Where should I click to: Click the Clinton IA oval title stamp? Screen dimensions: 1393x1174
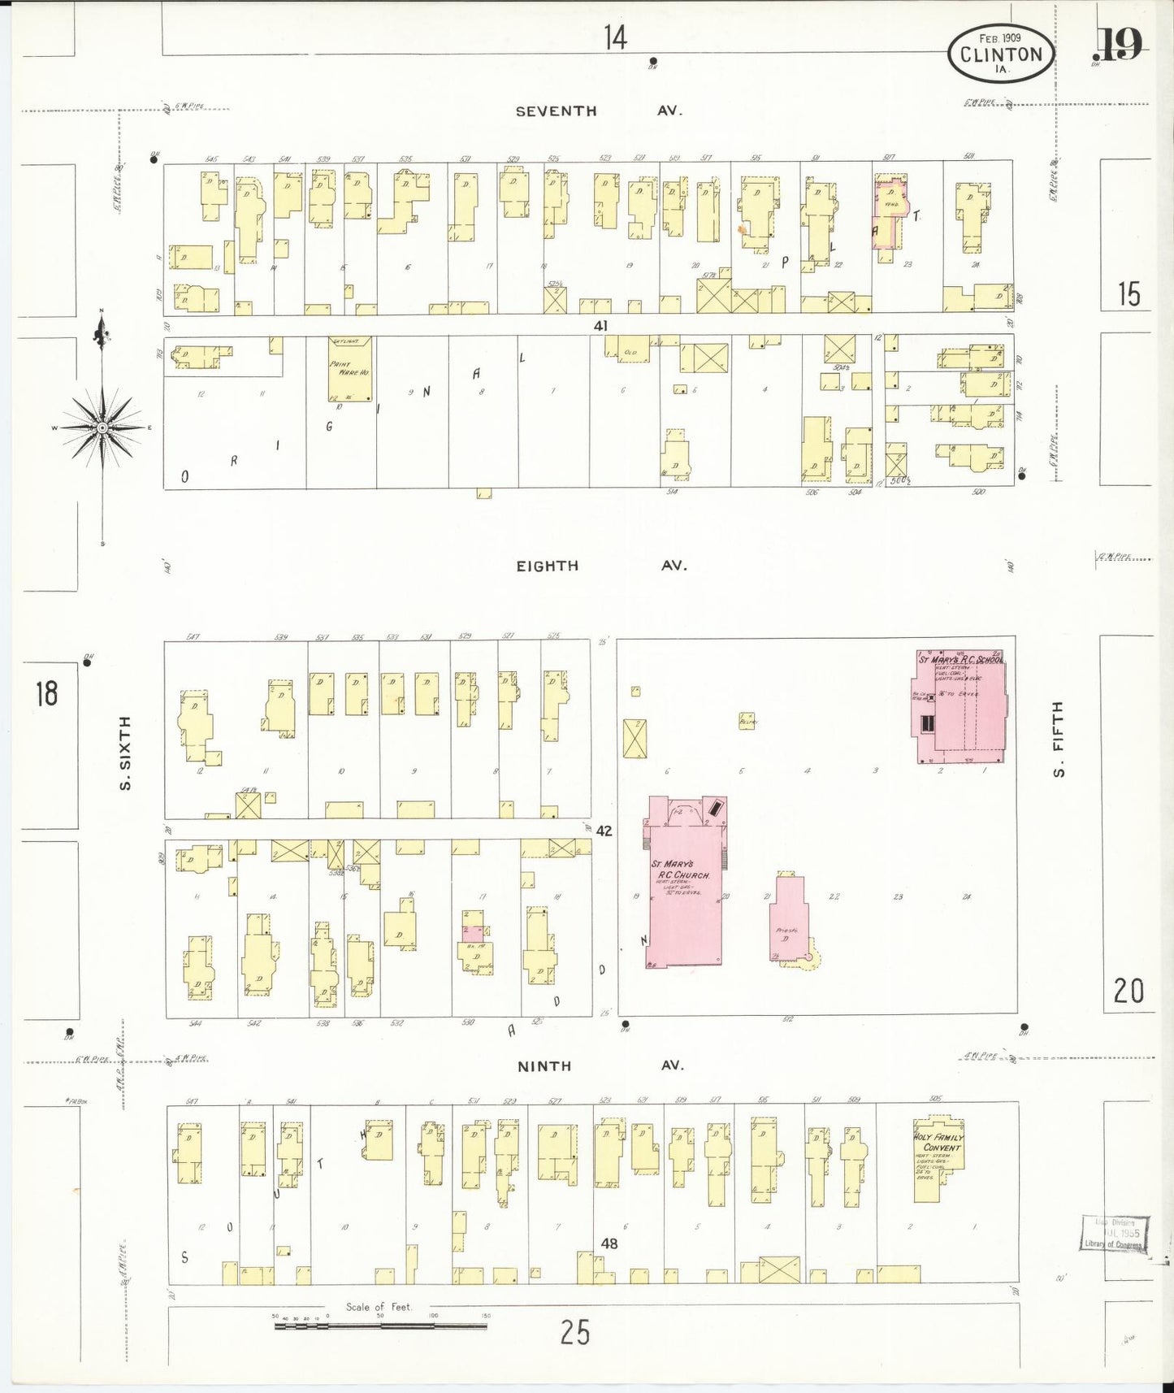tap(1000, 54)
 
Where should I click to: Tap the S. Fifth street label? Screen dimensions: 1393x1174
tap(1057, 738)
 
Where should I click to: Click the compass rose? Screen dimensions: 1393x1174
tap(102, 427)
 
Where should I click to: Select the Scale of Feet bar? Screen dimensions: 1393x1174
tap(380, 1326)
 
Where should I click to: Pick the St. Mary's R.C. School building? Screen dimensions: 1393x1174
tap(961, 707)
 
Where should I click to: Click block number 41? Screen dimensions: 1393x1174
tap(600, 325)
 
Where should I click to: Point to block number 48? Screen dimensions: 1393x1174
tap(609, 1243)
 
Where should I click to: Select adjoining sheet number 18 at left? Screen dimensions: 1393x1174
tap(46, 693)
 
